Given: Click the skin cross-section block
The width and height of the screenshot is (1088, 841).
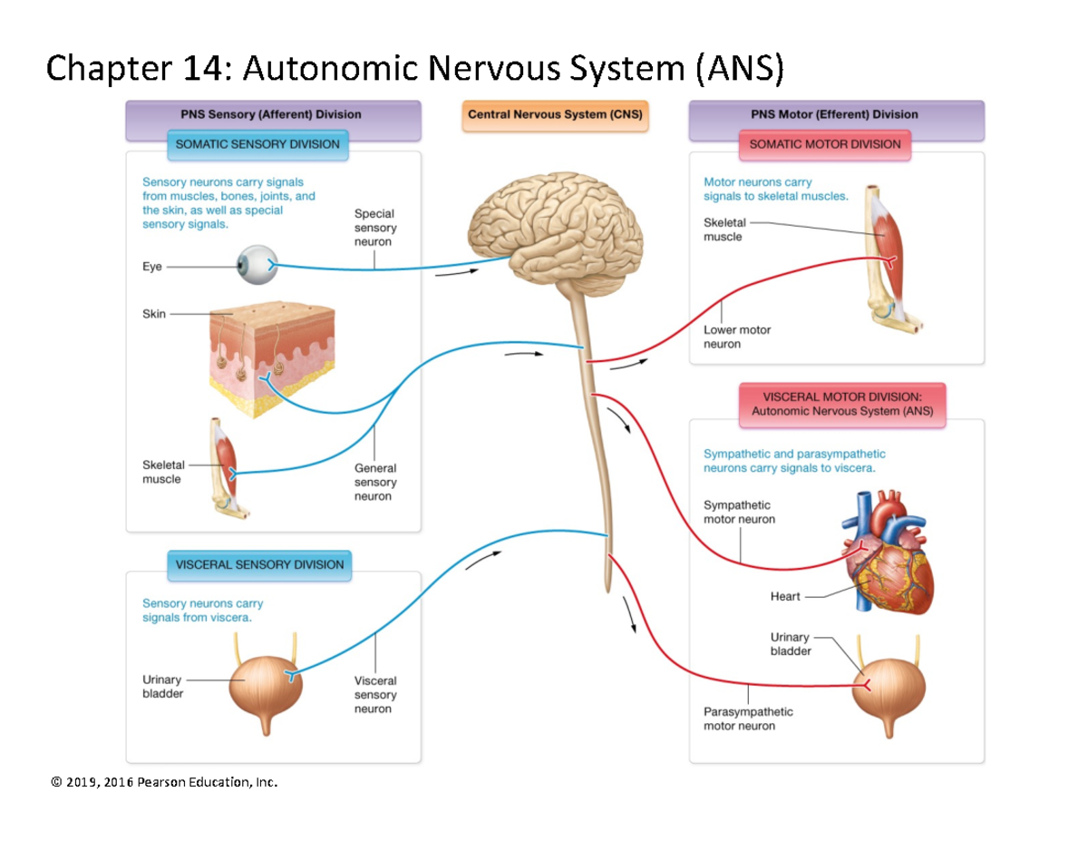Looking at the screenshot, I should click(x=272, y=359).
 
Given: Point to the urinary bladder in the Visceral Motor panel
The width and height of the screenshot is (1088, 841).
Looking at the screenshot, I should click(x=889, y=689).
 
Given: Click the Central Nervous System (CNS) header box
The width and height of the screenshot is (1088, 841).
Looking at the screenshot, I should click(x=555, y=115).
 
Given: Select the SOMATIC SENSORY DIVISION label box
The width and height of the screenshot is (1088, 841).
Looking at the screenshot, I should click(x=257, y=144).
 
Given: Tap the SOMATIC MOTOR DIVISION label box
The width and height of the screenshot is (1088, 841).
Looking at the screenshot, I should click(x=824, y=144).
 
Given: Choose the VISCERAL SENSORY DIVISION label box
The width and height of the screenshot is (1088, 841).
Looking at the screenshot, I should click(x=259, y=564).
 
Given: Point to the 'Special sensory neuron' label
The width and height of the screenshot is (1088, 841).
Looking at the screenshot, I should click(x=374, y=228).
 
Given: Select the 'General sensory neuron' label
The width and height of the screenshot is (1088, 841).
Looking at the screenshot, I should click(x=374, y=483).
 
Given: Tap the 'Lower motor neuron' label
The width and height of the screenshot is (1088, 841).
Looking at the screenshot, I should click(x=736, y=337).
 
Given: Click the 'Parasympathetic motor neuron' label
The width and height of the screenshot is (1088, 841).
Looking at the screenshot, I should click(x=747, y=719).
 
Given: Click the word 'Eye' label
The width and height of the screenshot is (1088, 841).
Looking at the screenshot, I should click(x=151, y=267).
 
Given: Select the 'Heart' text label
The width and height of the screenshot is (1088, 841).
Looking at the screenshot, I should click(x=784, y=596).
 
